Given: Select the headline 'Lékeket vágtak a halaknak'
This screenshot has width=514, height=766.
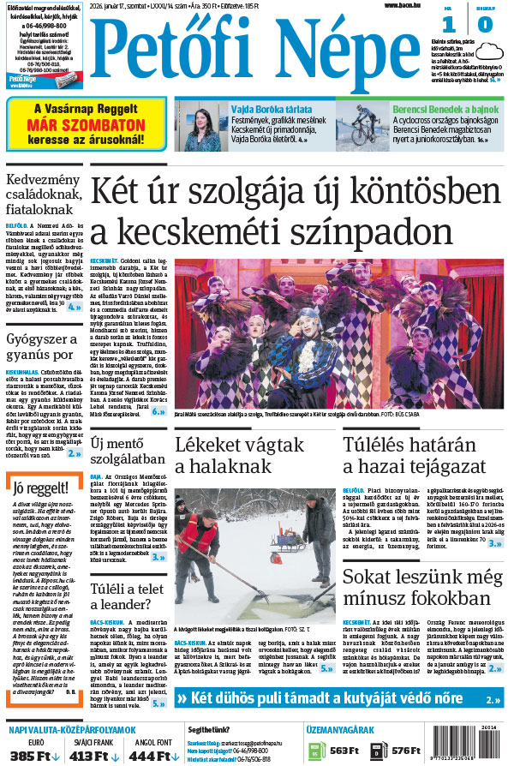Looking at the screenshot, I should pos(240,455).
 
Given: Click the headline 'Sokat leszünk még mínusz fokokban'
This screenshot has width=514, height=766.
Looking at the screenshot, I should pos(422,589).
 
